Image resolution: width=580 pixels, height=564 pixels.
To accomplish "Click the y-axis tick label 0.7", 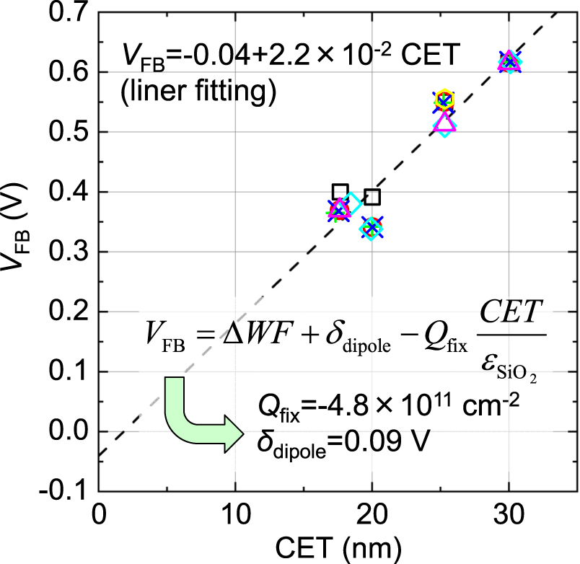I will coord(68,12).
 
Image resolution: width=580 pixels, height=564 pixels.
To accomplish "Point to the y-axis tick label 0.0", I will coord(68,431).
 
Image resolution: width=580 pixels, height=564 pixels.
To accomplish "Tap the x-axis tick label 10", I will coord(234,519).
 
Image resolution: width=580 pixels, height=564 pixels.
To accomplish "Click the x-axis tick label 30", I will coord(509,519).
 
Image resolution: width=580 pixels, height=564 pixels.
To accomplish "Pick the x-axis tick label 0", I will coord(98,519).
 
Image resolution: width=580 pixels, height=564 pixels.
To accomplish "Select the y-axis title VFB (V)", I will coord(17,252).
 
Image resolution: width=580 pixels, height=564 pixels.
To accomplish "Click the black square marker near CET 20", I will coord(372,197).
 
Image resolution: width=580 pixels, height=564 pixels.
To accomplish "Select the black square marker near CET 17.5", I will coord(340,192).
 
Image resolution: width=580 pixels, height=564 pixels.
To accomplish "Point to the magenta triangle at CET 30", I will coord(509,60).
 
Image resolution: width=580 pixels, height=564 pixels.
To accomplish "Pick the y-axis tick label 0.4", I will coord(68,192).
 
